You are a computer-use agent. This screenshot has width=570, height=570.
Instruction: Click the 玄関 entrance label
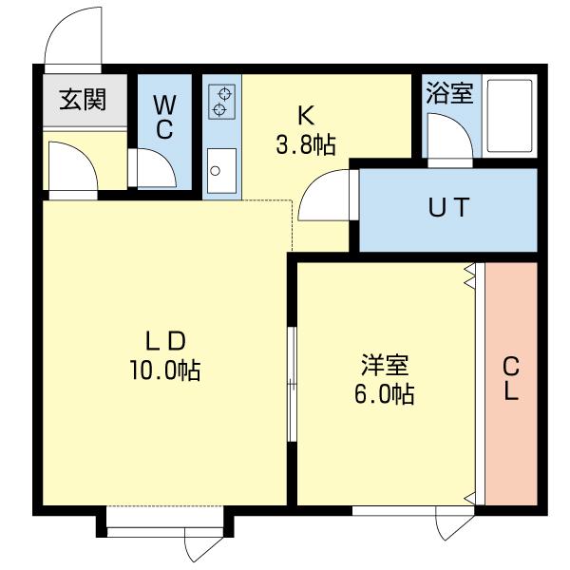[x=83, y=99]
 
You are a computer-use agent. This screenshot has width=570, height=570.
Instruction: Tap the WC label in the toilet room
[x=164, y=117]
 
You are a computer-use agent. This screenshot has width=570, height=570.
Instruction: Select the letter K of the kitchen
[x=305, y=116]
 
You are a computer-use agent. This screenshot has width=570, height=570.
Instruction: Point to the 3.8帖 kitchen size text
[x=305, y=145]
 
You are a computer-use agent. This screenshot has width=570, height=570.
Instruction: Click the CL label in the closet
[x=510, y=378]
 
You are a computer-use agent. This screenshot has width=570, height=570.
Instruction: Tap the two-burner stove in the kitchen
[x=221, y=102]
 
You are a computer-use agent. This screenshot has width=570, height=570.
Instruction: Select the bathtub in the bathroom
[x=510, y=118]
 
